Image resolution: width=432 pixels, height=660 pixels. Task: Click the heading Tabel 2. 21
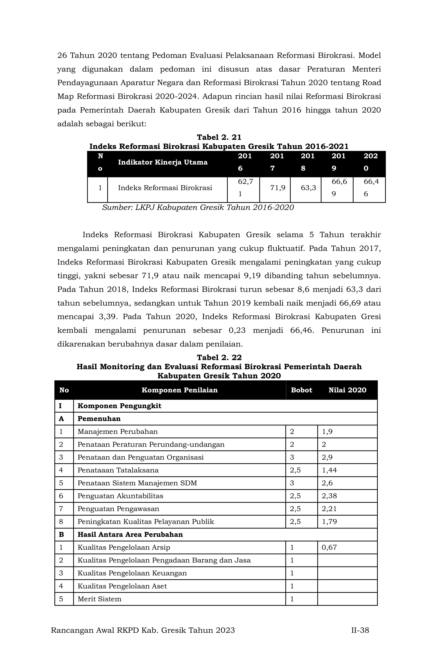pyautogui.click(x=219, y=137)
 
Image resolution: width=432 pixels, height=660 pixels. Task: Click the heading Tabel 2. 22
pyautogui.click(x=219, y=357)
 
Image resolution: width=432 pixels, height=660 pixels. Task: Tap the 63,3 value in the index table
pyautogui.click(x=308, y=188)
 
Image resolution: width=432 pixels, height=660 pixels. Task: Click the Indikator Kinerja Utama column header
pyautogui.click(x=163, y=162)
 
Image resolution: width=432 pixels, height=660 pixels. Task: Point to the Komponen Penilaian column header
pyautogui.click(x=179, y=390)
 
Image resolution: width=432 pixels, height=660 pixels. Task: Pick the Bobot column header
pyautogui.click(x=301, y=390)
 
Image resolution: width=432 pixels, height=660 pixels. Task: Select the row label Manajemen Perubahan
pyautogui.click(x=117, y=432)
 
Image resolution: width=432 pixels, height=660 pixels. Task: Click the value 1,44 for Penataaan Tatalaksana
pyautogui.click(x=329, y=470)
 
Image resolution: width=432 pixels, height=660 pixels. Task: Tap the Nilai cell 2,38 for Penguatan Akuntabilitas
pyautogui.click(x=329, y=496)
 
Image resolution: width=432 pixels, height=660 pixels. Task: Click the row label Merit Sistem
pyautogui.click(x=99, y=599)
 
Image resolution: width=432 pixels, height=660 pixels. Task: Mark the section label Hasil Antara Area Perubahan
pyautogui.click(x=130, y=534)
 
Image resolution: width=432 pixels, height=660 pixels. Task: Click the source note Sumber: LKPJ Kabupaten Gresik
pyautogui.click(x=198, y=207)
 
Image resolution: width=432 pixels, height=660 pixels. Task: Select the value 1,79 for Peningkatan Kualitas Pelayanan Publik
pyautogui.click(x=329, y=522)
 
